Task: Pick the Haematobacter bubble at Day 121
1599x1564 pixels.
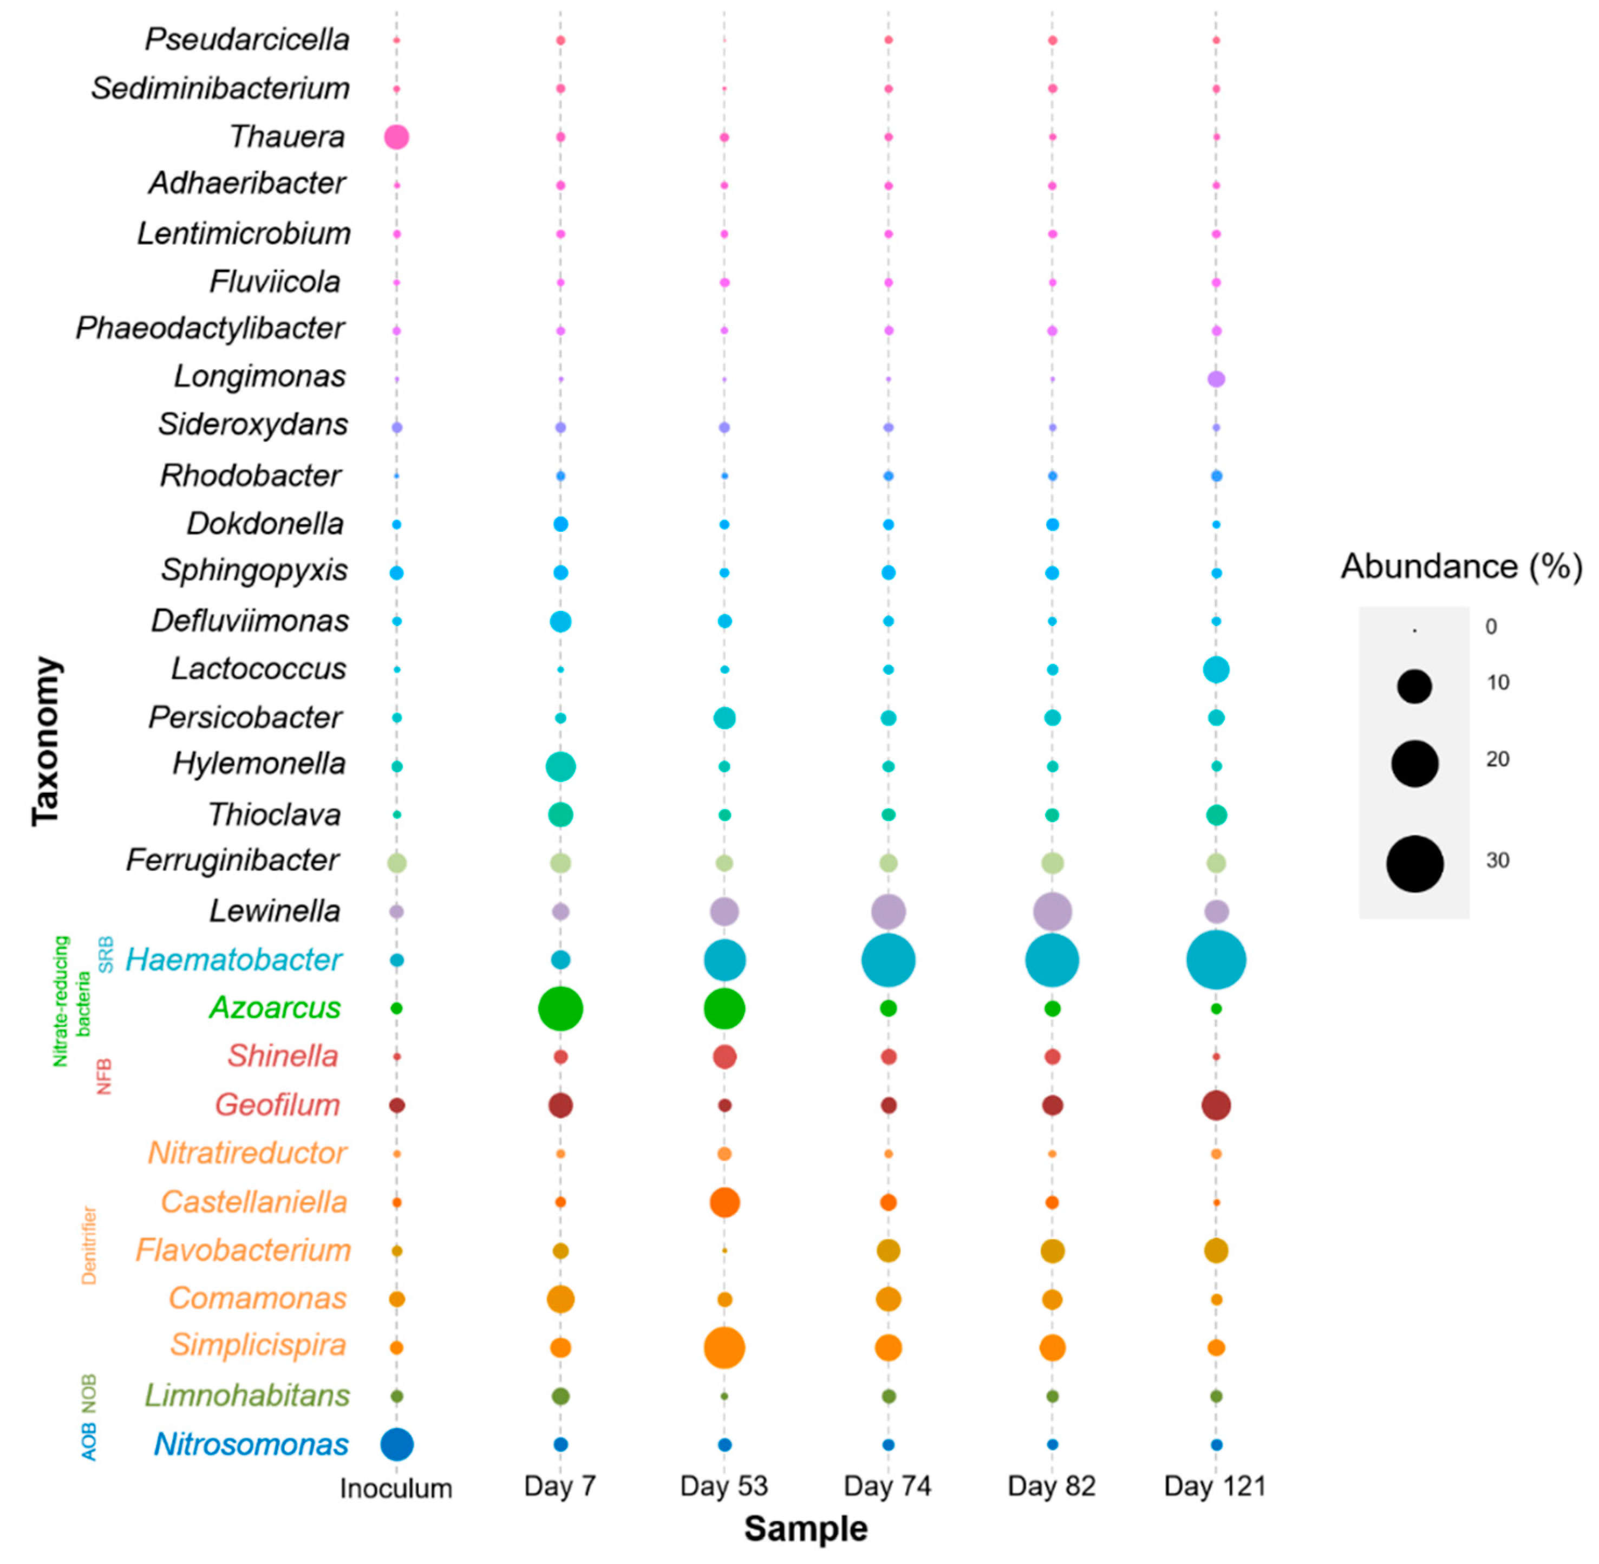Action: tap(1216, 960)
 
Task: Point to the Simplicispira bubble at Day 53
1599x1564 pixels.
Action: tap(723, 1347)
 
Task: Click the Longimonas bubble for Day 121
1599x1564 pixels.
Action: tap(1216, 379)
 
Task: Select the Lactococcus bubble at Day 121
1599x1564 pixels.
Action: tap(1216, 669)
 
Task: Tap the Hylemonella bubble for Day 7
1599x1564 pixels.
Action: tap(560, 766)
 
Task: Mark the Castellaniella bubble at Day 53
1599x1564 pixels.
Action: tap(723, 1202)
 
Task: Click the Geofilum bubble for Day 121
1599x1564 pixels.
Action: tap(1216, 1105)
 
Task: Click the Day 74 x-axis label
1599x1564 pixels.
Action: tap(887, 1485)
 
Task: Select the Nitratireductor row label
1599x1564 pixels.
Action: tap(247, 1152)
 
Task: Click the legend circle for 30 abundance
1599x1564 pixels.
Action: tap(1414, 863)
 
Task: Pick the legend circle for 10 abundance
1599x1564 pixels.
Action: tap(1414, 686)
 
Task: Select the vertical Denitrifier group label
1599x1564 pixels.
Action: tap(89, 1244)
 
